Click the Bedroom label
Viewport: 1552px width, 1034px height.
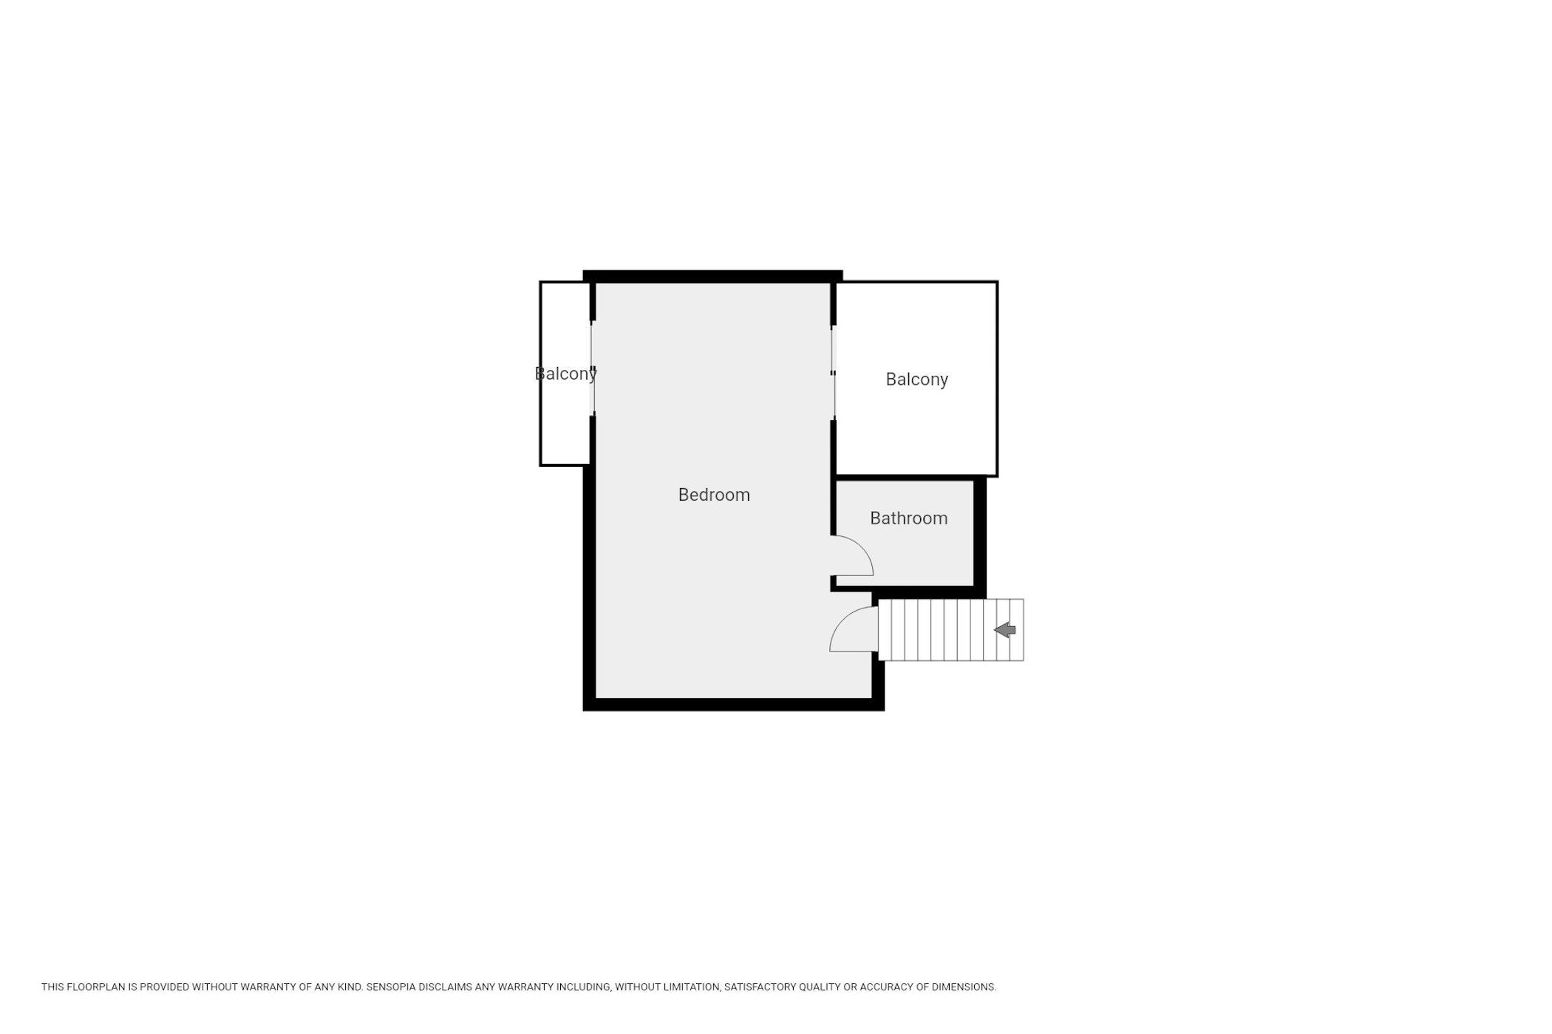[x=714, y=495]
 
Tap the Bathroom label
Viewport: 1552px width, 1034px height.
[x=908, y=518]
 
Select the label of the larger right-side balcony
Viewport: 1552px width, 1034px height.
[x=916, y=380]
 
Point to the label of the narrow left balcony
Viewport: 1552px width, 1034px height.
[x=565, y=374]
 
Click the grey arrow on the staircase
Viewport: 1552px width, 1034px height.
[x=1004, y=630]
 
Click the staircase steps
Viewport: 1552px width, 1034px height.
[x=950, y=630]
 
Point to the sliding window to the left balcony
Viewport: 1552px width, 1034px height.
[x=592, y=368]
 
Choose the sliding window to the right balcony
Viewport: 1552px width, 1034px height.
[x=834, y=373]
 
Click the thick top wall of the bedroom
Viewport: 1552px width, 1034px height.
[x=712, y=276]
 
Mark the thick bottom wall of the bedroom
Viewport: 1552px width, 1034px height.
[x=733, y=705]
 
